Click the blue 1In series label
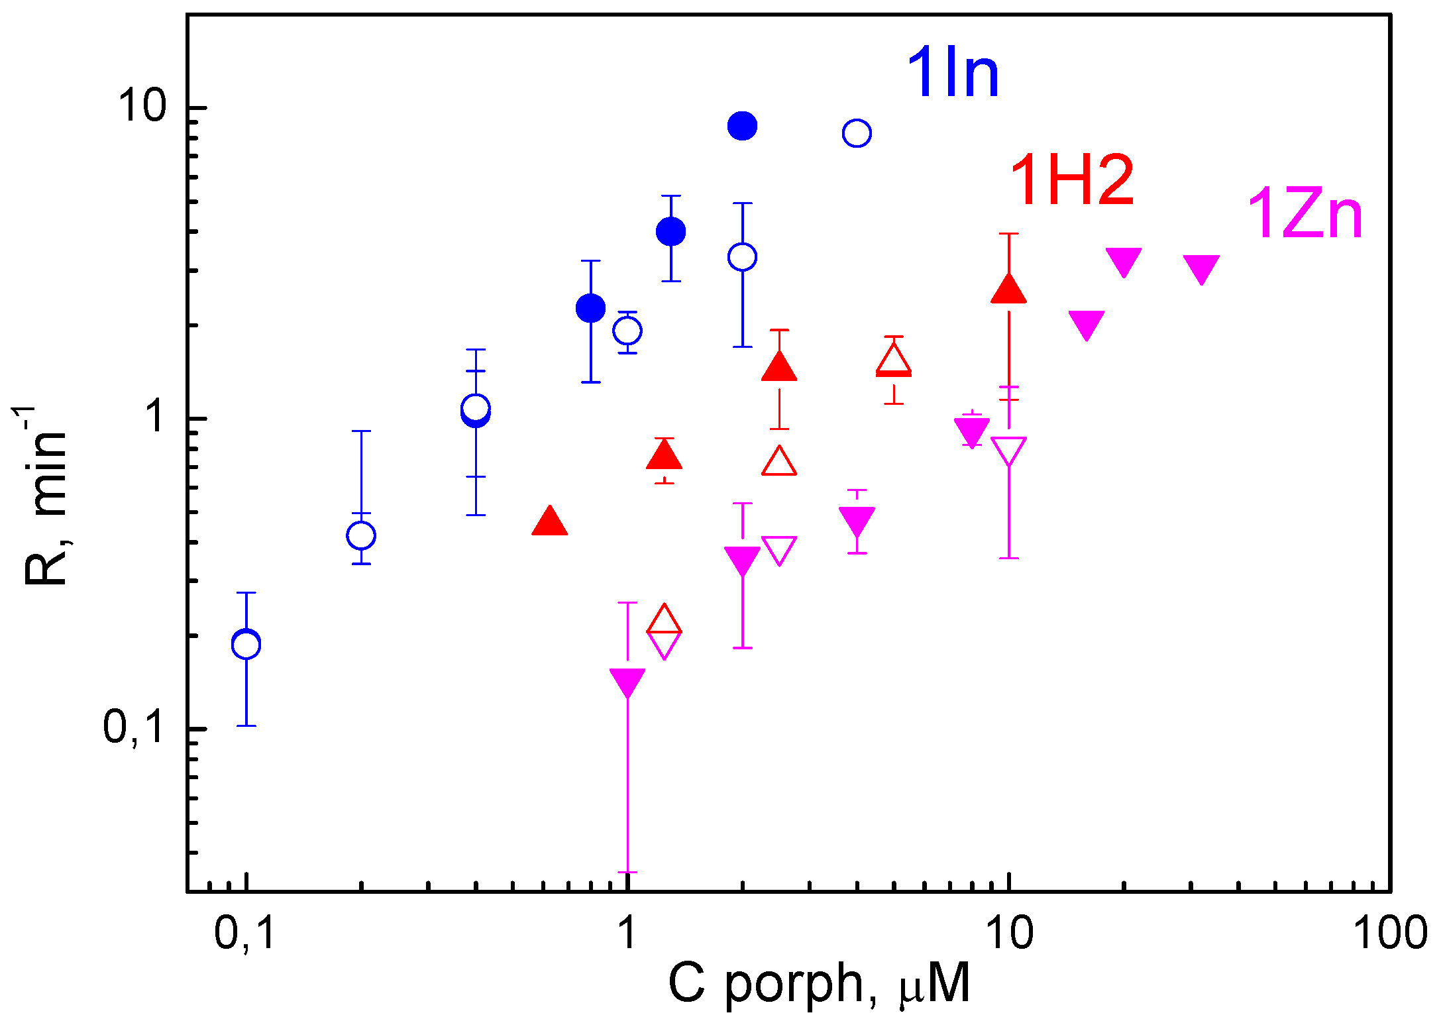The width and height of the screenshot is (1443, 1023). pos(952,74)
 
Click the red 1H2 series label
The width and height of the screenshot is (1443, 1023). pos(1071,180)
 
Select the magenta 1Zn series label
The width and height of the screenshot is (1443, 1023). pos(1304,213)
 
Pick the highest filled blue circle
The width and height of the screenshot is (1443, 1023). pos(742,125)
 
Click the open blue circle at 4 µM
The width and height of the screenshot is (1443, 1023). pos(857,133)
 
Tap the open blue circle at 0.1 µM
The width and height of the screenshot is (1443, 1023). pos(246,644)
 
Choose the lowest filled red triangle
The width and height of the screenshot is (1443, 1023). pos(550,523)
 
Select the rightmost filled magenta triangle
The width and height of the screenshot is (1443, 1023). pos(1201,268)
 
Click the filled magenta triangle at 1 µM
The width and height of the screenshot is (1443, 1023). pos(627,681)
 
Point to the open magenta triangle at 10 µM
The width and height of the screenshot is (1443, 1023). pos(1008,450)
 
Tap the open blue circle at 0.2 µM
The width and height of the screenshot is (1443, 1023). pos(361,535)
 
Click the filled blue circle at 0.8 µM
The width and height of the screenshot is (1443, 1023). pos(590,308)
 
